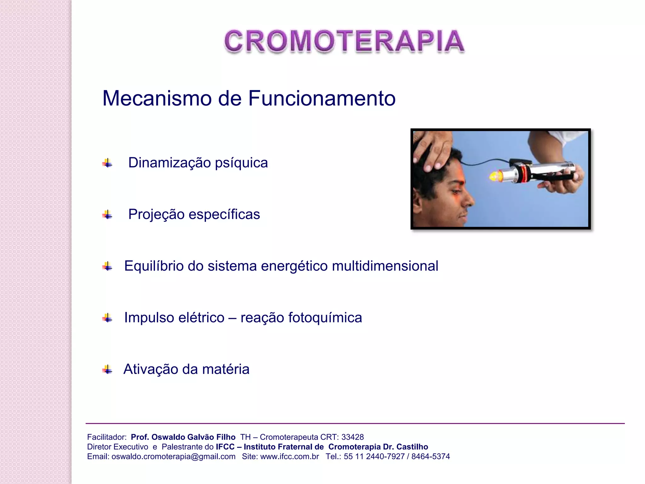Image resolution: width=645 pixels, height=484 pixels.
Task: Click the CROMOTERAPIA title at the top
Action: (x=344, y=41)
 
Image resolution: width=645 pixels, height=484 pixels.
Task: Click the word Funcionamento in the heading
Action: (x=322, y=98)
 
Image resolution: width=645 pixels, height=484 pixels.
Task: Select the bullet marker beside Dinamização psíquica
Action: (x=107, y=163)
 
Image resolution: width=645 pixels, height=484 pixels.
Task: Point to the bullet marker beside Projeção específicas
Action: (x=107, y=215)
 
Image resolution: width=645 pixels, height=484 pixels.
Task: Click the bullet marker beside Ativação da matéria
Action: (x=107, y=369)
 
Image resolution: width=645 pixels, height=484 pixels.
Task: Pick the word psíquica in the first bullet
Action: (x=241, y=163)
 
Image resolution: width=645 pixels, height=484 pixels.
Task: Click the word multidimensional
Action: (x=385, y=266)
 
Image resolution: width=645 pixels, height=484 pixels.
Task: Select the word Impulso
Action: (x=149, y=318)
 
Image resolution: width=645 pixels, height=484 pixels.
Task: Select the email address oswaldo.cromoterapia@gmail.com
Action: (x=173, y=457)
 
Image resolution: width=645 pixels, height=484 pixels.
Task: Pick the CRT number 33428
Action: (x=352, y=437)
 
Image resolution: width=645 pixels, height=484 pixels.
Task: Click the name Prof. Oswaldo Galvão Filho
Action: (x=183, y=437)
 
